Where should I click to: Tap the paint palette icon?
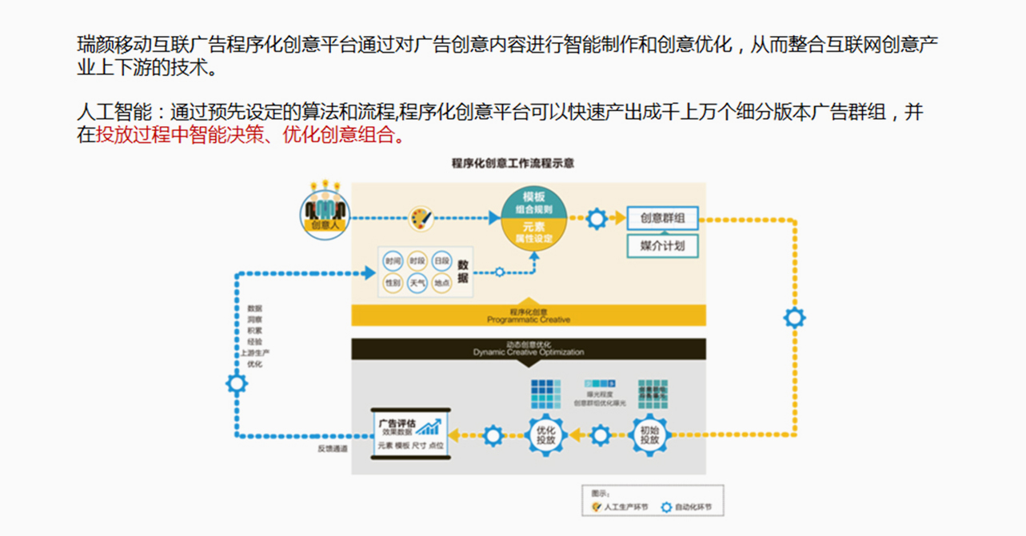pos(421,218)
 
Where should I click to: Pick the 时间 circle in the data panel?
pos(392,261)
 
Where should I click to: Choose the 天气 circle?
pos(417,283)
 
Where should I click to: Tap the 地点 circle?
pos(441,283)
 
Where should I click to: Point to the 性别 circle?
pos(392,283)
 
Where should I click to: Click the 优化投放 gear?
pos(546,435)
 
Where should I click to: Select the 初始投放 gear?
pos(649,435)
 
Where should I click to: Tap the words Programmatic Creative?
pos(529,320)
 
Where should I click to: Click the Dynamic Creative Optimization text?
pos(529,351)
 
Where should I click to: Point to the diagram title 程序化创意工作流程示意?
pos(513,164)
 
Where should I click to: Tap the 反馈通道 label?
pos(333,449)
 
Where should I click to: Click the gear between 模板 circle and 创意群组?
pos(597,218)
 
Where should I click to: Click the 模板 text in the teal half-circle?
pos(534,197)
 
